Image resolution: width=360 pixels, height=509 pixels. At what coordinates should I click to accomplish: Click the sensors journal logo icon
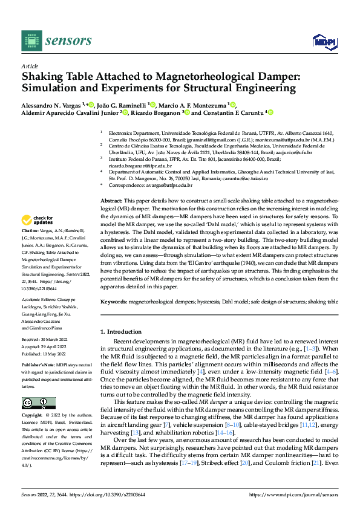coord(31,41)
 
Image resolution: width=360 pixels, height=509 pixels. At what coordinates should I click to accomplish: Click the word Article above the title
coord(29,66)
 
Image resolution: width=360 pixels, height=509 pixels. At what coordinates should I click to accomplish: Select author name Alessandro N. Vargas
coord(51,104)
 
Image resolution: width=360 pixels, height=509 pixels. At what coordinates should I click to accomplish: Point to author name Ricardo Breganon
coord(155,112)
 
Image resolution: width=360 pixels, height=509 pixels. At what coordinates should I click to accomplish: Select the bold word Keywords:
coord(114,300)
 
